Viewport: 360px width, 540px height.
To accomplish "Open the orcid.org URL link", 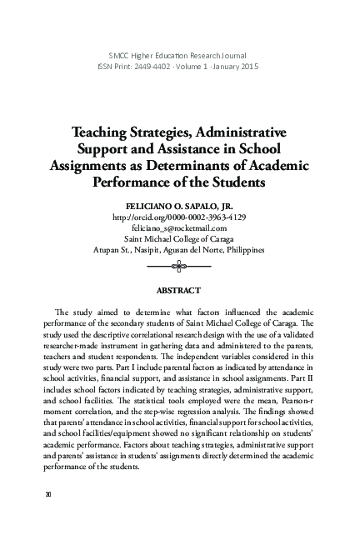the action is point(179,217).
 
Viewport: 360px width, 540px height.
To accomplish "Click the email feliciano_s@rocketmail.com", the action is point(179,227).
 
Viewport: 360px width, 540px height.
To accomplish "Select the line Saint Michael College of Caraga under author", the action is point(179,238).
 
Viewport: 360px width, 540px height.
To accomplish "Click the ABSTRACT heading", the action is point(179,290).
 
